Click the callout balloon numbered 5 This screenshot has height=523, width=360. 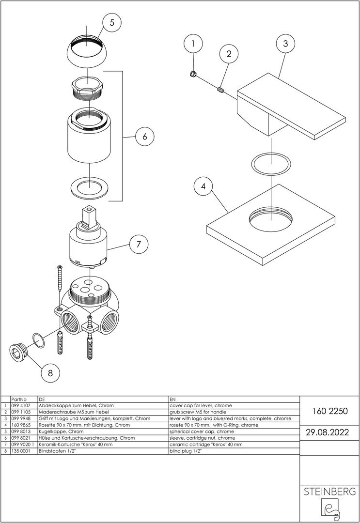click(x=112, y=22)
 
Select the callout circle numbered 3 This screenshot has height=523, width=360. click(x=285, y=44)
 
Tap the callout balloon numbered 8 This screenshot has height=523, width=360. click(x=50, y=373)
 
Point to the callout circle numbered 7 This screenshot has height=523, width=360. click(x=139, y=245)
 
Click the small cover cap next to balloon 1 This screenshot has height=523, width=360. click(x=192, y=74)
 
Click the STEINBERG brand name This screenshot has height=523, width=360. click(x=329, y=492)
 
